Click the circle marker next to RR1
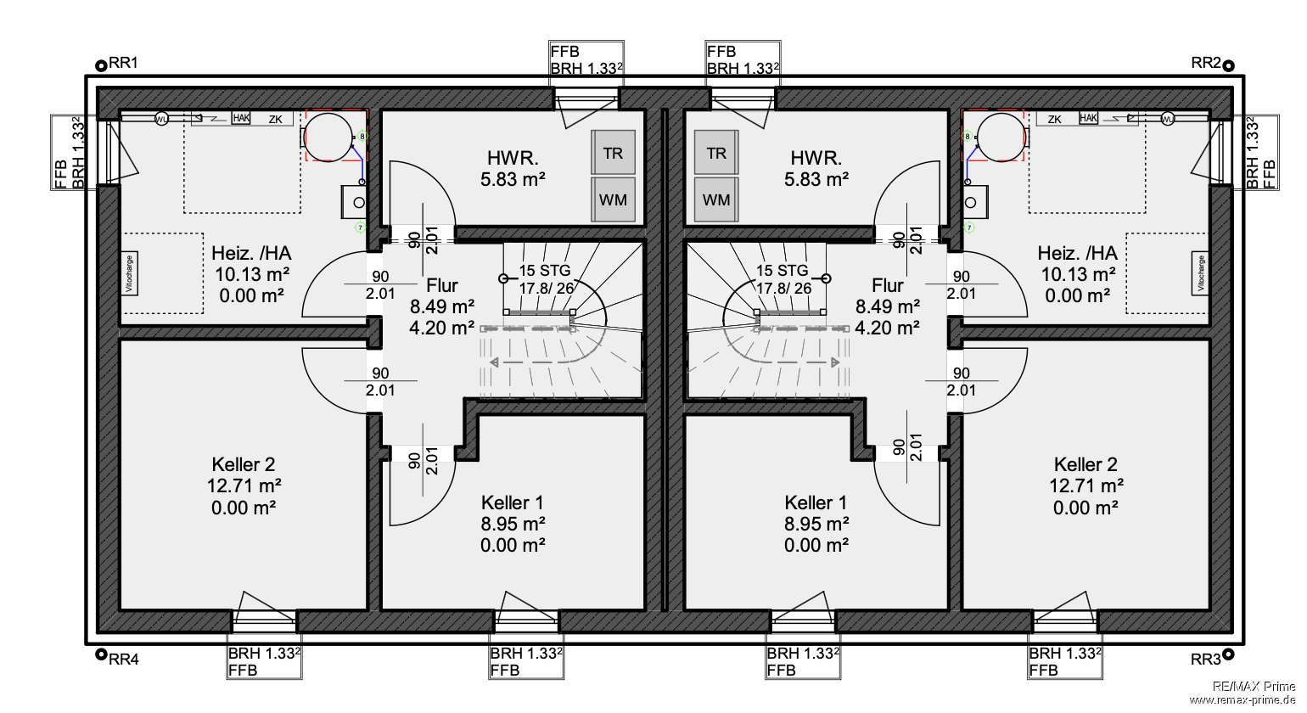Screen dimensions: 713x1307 [x=101, y=64]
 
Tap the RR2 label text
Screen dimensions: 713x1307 [x=1205, y=63]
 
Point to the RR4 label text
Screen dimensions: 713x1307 [x=124, y=659]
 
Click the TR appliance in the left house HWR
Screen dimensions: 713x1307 [x=613, y=153]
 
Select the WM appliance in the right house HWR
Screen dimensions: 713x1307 [x=716, y=200]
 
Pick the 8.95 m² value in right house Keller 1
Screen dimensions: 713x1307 [x=816, y=524]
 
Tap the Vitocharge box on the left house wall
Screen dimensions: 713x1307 [x=130, y=274]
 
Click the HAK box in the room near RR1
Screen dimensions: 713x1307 [x=241, y=118]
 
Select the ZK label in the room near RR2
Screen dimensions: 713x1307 [x=1055, y=120]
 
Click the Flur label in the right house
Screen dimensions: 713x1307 [x=887, y=286]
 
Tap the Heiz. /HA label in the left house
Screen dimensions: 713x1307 [x=251, y=253]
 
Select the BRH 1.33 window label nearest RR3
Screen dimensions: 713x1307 [x=1065, y=654]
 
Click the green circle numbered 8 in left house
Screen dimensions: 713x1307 [x=362, y=135]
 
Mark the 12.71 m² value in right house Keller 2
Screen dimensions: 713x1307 [x=1086, y=486]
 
